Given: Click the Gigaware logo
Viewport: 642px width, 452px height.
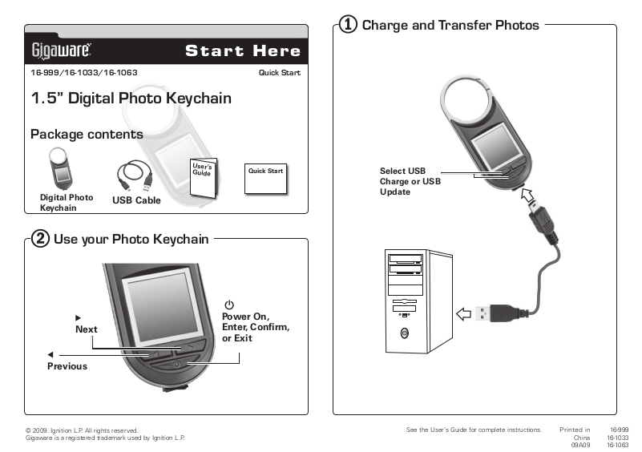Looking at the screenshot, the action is click(x=62, y=50).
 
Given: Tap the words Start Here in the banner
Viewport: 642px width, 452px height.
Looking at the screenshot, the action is click(x=243, y=50).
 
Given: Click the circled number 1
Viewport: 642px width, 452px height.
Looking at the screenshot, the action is click(x=348, y=24).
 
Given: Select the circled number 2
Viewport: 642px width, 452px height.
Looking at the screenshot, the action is click(x=40, y=239).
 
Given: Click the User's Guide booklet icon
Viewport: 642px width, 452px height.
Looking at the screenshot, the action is click(x=204, y=178).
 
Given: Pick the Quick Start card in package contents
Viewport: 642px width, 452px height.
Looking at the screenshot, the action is click(x=266, y=179).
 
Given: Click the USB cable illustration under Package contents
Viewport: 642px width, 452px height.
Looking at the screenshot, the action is click(x=135, y=176).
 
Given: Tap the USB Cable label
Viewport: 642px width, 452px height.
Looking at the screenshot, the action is click(x=136, y=200).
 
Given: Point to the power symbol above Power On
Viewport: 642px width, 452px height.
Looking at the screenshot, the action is click(x=229, y=305).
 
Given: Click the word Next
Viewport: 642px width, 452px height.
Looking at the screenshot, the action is click(x=87, y=329).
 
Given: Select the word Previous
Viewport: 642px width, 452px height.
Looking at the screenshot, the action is click(x=67, y=366).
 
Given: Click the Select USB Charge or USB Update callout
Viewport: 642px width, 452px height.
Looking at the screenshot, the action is click(x=410, y=181).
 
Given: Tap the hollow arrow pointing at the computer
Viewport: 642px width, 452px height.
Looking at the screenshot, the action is click(x=464, y=314).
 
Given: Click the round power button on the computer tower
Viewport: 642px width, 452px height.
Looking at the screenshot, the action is click(x=405, y=333).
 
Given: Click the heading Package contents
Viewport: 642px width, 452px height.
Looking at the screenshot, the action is click(x=87, y=135).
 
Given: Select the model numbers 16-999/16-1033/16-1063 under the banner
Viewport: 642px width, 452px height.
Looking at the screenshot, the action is click(x=84, y=72).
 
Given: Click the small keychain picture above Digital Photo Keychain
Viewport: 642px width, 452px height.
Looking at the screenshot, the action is click(x=61, y=168).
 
